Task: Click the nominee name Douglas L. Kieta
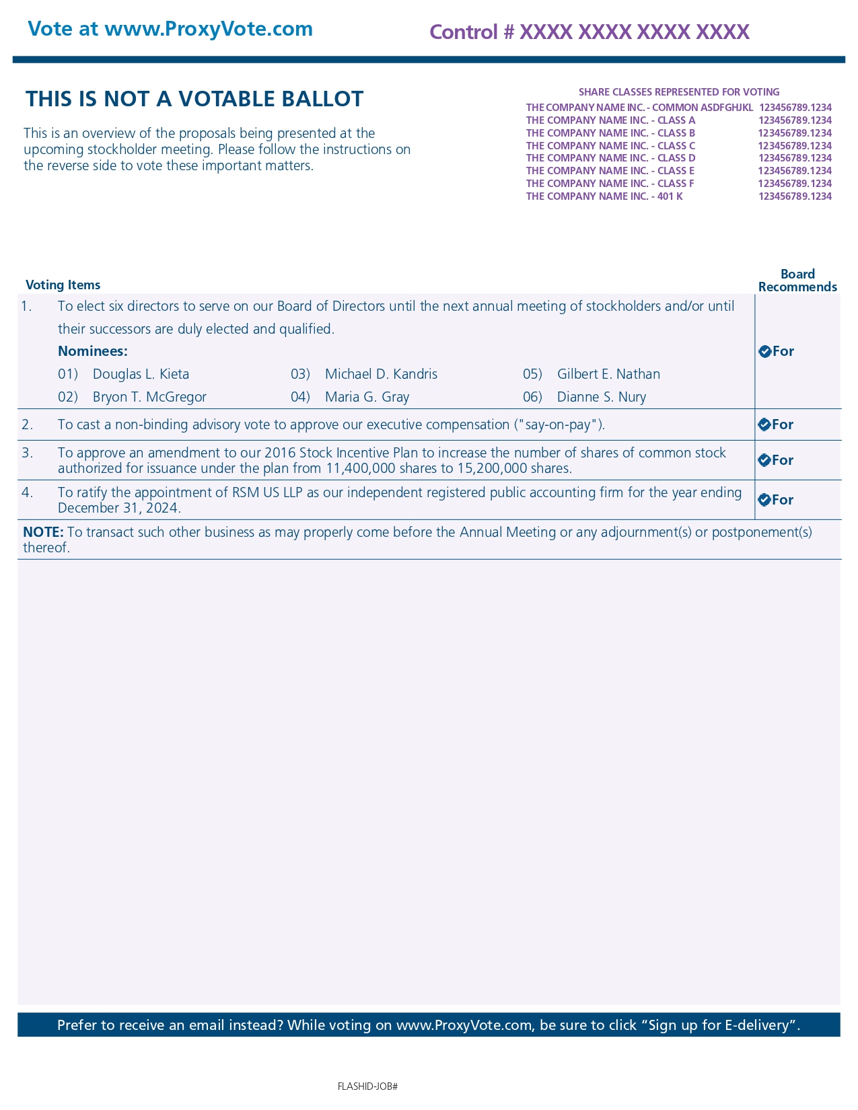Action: pos(141,374)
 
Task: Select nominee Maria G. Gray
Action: pos(367,397)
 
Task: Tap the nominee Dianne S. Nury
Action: pos(601,397)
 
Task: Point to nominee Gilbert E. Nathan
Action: pos(608,374)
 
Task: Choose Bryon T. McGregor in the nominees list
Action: pos(149,397)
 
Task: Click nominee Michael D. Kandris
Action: pos(381,374)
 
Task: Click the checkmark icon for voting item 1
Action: pos(764,351)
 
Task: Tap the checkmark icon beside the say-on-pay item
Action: pos(764,424)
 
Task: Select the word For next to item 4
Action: pos(783,500)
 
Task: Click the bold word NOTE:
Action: pos(43,532)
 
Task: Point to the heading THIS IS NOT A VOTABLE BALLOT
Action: pos(194,99)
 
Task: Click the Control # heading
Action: pos(589,32)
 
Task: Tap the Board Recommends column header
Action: pos(797,281)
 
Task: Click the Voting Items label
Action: pos(63,285)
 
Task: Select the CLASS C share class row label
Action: pos(610,145)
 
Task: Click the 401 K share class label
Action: pos(604,196)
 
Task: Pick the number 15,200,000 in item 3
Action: pos(492,468)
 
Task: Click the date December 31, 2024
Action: pos(118,508)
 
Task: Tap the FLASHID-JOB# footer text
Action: pos(367,1086)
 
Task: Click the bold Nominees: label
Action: pos(92,351)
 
